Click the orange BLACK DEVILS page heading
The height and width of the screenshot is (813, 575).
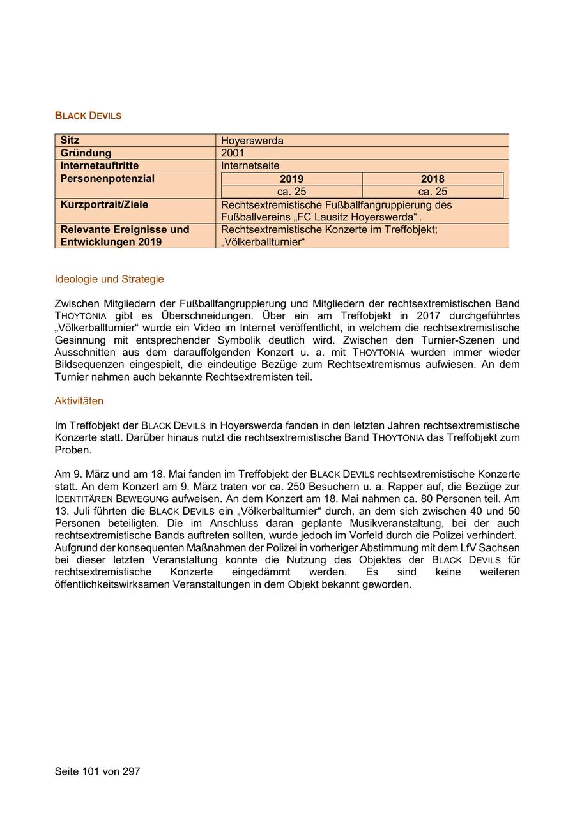[88, 116]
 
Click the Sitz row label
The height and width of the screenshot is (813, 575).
[70, 141]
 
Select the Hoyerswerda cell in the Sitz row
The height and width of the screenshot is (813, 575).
[252, 141]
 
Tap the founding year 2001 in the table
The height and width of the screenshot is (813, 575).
[233, 153]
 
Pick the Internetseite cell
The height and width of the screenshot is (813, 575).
[250, 166]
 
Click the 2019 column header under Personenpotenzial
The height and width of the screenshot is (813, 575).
[291, 179]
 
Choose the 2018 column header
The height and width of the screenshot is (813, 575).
[433, 179]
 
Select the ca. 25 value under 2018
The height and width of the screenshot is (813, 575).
[433, 192]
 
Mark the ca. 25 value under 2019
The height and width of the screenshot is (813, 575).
[291, 192]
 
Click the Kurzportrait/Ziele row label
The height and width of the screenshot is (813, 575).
[104, 205]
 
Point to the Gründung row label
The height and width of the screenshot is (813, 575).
[86, 153]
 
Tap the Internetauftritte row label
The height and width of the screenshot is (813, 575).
[99, 166]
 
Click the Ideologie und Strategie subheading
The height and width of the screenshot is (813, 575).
[109, 279]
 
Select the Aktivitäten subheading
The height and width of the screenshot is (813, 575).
[79, 401]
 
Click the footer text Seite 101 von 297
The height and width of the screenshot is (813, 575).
[97, 771]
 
